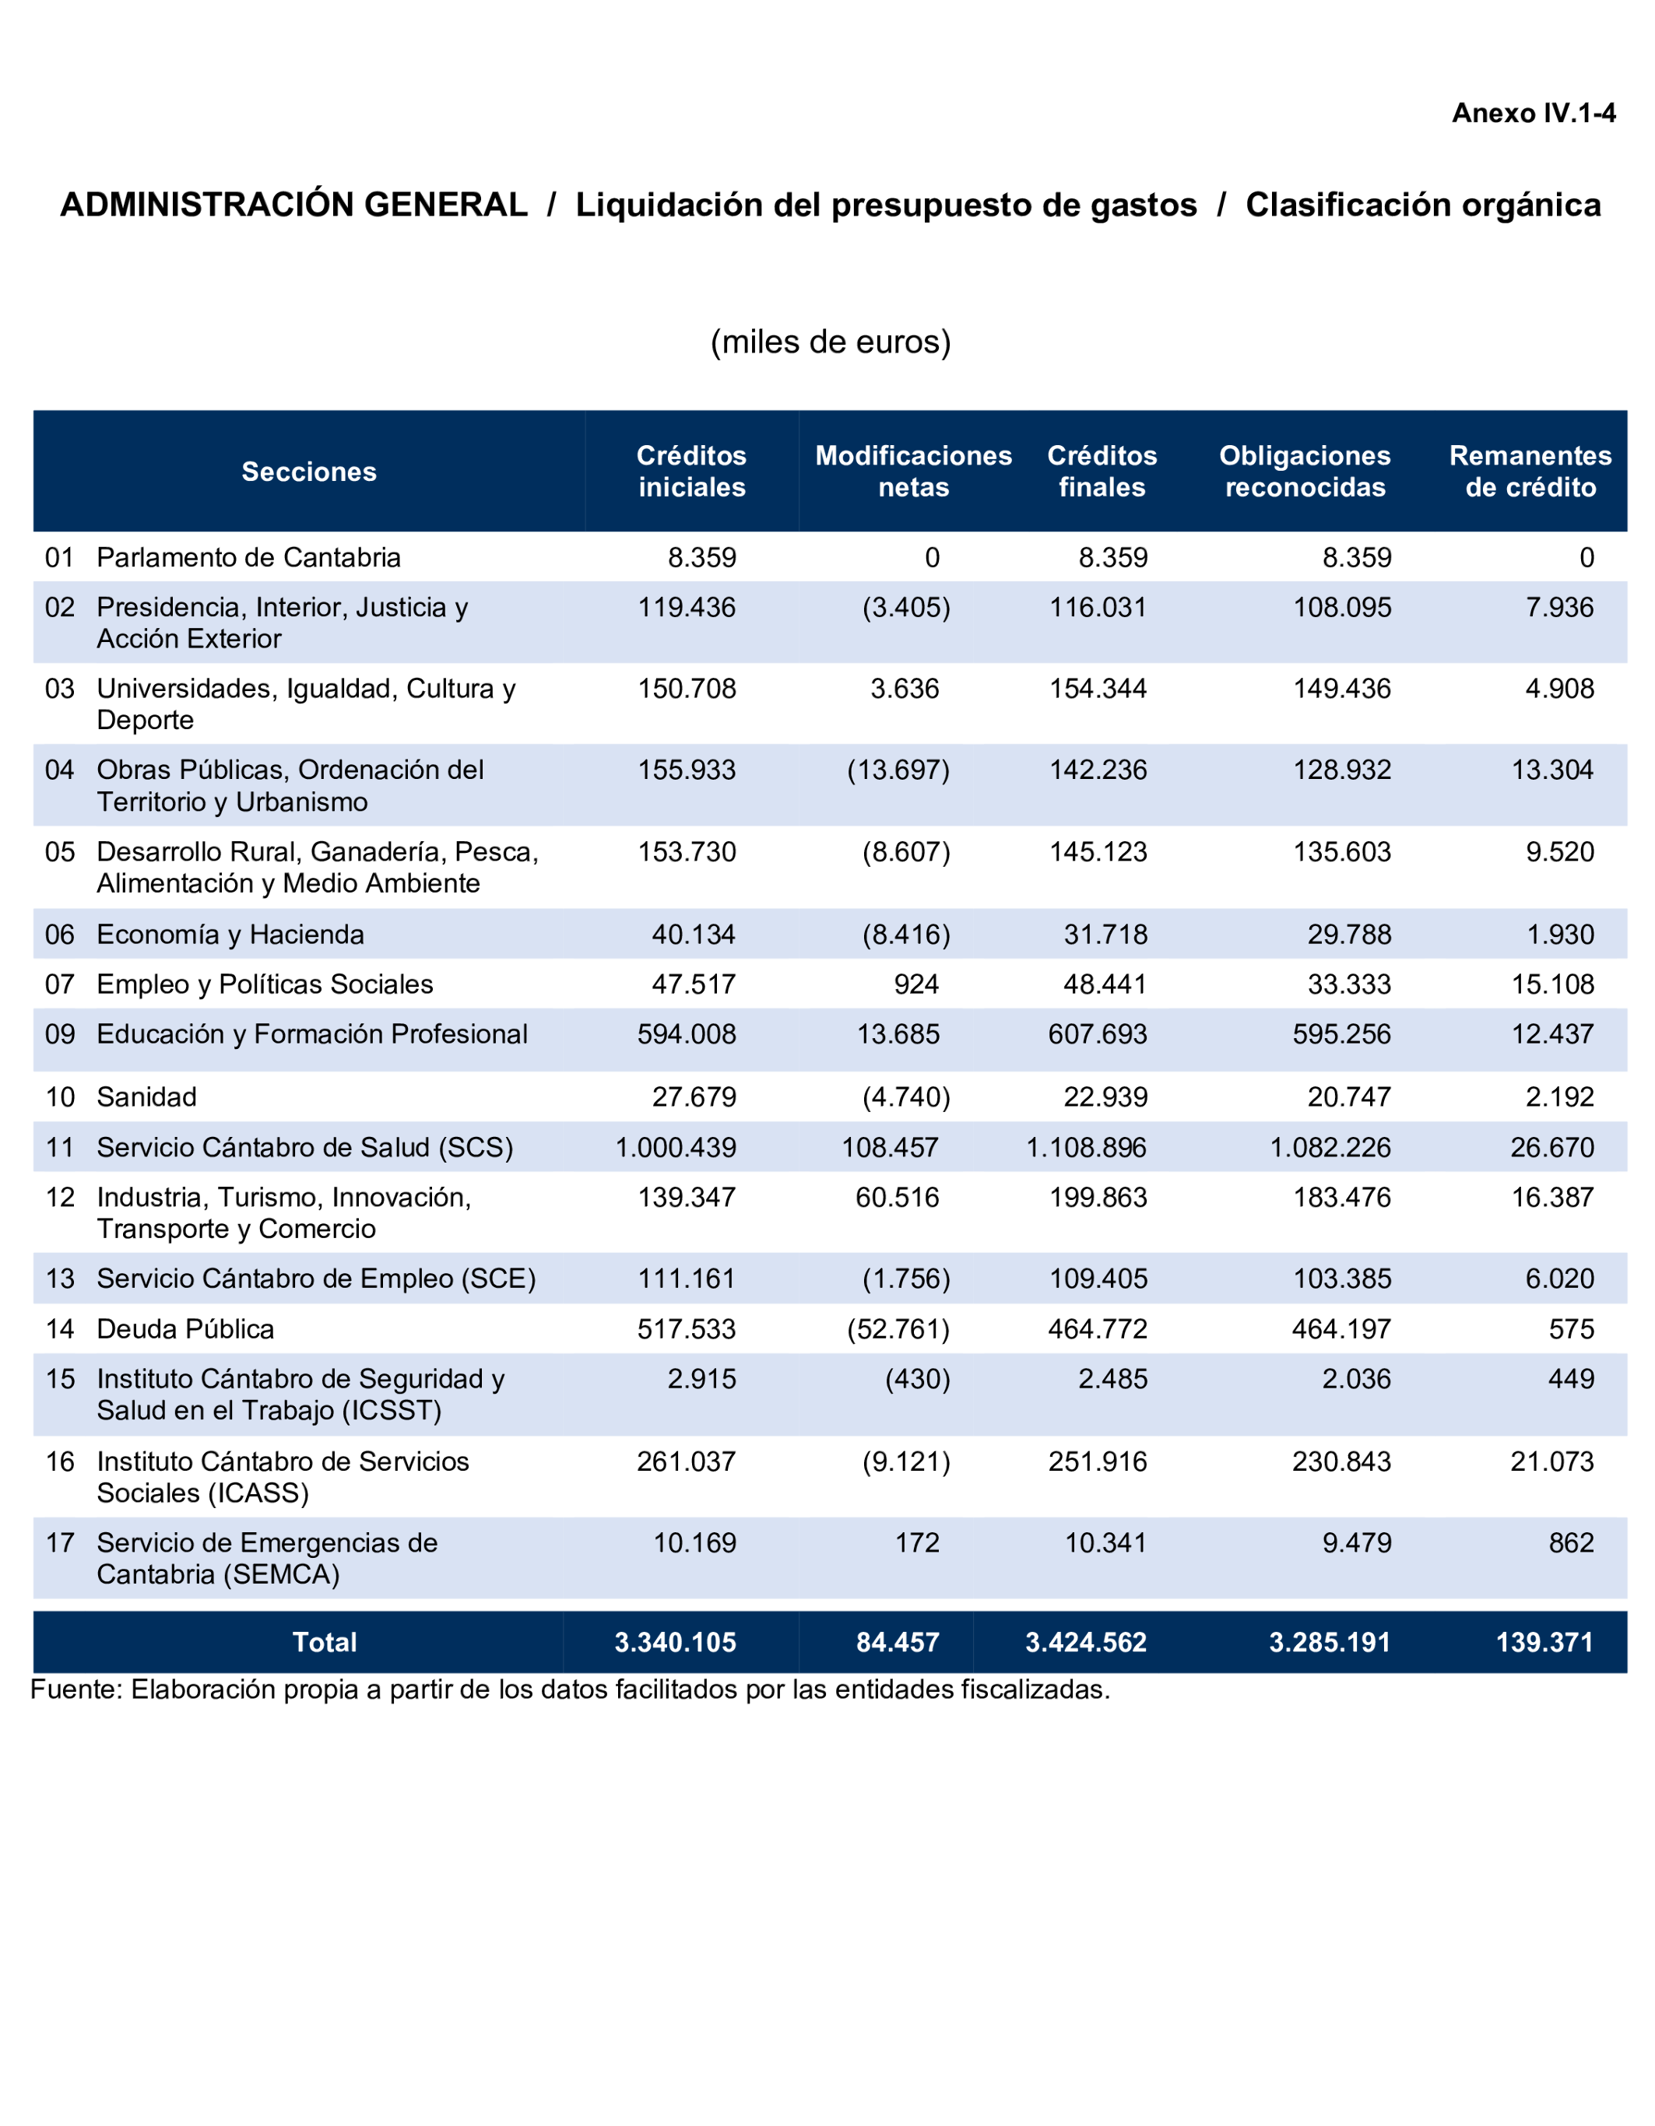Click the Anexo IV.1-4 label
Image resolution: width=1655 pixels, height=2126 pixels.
[1534, 114]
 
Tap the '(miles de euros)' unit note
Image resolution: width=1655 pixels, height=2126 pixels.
[831, 342]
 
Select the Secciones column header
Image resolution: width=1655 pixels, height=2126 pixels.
[308, 472]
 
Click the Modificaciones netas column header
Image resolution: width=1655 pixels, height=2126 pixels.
[913, 472]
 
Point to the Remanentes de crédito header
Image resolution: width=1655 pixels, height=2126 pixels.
[1530, 472]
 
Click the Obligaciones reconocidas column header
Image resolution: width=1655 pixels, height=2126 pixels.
[1305, 472]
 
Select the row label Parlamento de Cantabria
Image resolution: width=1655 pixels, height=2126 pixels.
[248, 558]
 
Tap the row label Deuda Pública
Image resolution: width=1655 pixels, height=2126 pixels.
[185, 1329]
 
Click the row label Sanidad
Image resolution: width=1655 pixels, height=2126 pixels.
[146, 1097]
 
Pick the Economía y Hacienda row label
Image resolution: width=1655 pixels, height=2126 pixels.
[230, 935]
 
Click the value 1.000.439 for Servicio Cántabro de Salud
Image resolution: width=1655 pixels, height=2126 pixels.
[676, 1148]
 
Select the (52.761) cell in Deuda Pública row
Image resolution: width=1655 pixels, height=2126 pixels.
[898, 1329]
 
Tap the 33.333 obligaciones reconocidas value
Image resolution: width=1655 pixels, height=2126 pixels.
[1348, 984]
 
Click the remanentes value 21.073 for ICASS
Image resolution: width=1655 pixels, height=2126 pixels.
[1551, 1461]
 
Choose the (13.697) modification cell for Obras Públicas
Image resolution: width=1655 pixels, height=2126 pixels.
[898, 770]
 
